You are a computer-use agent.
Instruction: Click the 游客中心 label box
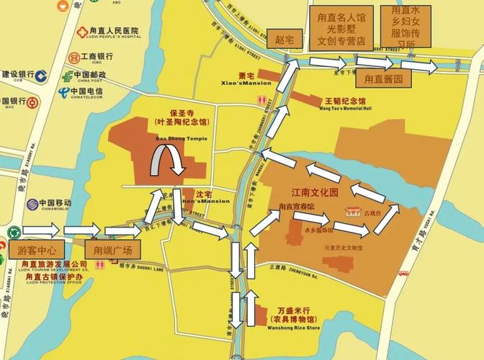35,251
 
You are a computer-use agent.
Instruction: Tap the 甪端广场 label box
109,251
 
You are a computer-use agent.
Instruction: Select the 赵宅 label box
280,39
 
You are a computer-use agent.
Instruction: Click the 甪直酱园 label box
383,78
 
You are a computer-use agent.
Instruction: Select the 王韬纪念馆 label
346,102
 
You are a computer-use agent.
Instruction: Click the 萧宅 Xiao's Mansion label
246,77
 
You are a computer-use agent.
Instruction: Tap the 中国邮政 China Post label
90,75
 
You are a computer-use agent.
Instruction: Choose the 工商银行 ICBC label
96,56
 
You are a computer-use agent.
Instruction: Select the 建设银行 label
19,74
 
